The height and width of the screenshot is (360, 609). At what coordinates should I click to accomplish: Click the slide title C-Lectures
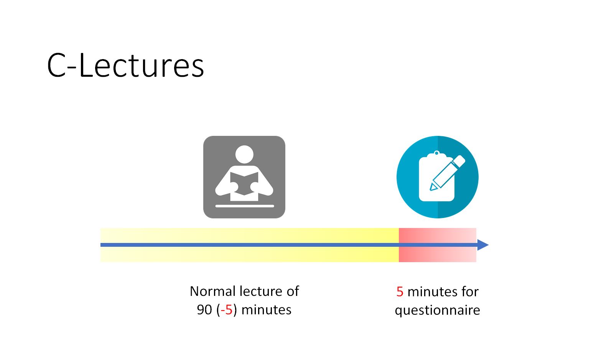[125, 65]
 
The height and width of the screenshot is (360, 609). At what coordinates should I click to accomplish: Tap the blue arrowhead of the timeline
[483, 245]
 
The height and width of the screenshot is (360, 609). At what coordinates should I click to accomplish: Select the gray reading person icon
[244, 177]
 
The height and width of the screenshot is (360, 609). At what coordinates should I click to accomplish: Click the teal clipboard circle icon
[438, 177]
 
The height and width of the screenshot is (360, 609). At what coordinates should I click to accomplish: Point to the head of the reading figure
[244, 155]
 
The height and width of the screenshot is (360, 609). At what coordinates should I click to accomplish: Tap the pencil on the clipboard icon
[447, 173]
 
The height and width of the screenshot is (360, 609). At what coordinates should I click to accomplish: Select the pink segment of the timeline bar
[438, 245]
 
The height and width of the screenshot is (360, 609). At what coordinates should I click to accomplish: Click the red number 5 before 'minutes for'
[400, 292]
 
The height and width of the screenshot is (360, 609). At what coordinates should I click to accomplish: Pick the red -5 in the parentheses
[227, 310]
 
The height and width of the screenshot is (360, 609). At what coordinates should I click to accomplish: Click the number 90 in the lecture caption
[204, 310]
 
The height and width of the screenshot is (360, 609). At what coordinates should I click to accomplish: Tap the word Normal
[212, 291]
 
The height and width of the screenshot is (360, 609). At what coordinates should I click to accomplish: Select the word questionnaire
[438, 310]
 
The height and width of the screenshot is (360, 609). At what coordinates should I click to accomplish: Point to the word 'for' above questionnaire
[470, 292]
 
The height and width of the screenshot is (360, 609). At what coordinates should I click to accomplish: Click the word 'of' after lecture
[293, 291]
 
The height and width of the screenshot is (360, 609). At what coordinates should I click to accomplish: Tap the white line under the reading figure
[245, 206]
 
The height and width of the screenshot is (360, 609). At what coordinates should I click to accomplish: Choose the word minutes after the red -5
[267, 310]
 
